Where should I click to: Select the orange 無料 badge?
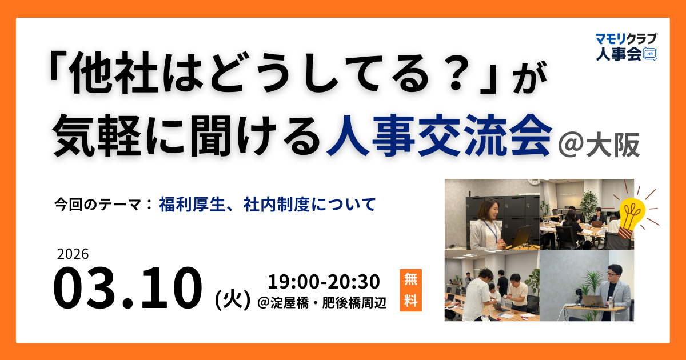click(410, 290)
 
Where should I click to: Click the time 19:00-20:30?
click(324, 282)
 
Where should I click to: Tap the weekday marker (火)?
click(232, 299)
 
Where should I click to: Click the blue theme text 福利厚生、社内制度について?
click(268, 203)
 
